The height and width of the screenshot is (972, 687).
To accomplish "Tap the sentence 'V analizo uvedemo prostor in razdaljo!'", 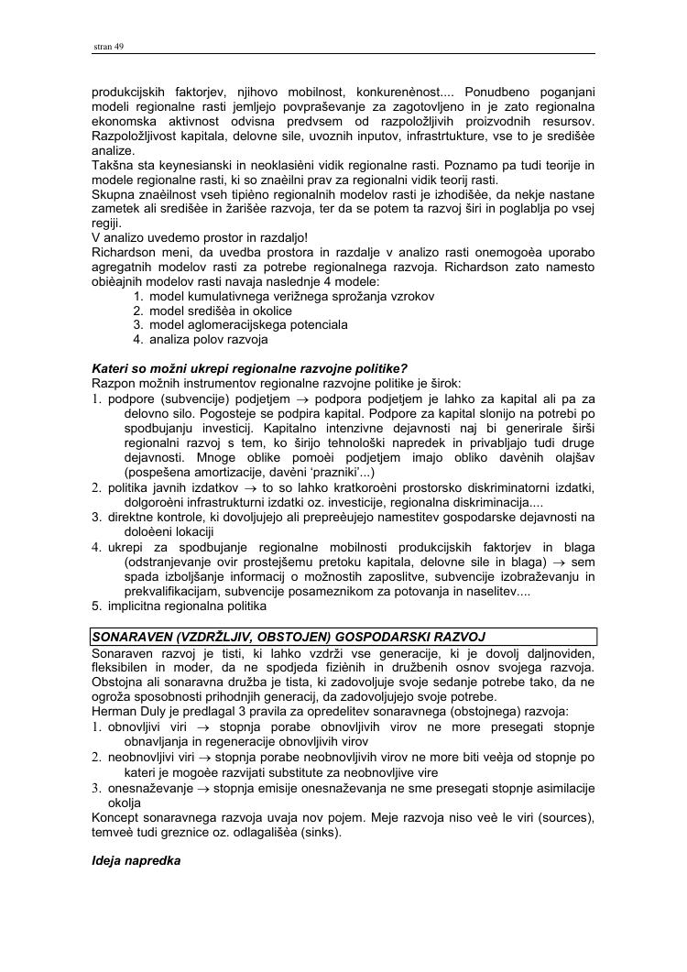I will [x=200, y=237].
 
